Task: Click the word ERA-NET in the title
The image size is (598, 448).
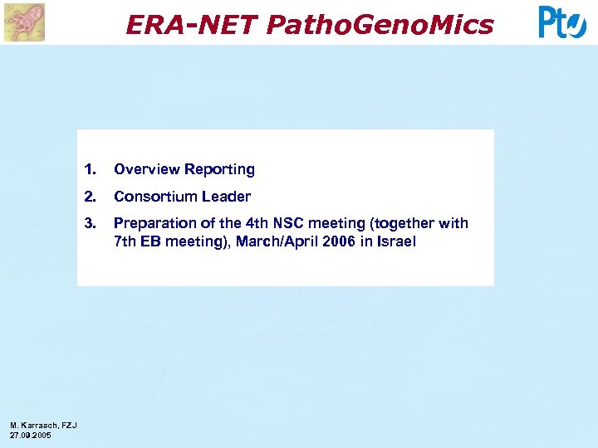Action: (192, 25)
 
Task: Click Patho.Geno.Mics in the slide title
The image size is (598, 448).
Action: (380, 25)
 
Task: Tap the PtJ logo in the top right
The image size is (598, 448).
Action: (562, 22)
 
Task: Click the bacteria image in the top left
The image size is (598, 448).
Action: (24, 22)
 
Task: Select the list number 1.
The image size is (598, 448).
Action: (90, 169)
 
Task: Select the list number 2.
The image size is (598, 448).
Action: (90, 197)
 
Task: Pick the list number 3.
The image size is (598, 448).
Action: (90, 223)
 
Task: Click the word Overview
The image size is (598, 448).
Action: (147, 169)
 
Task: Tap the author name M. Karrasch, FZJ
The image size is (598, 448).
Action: (43, 426)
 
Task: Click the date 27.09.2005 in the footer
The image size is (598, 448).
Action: (31, 435)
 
